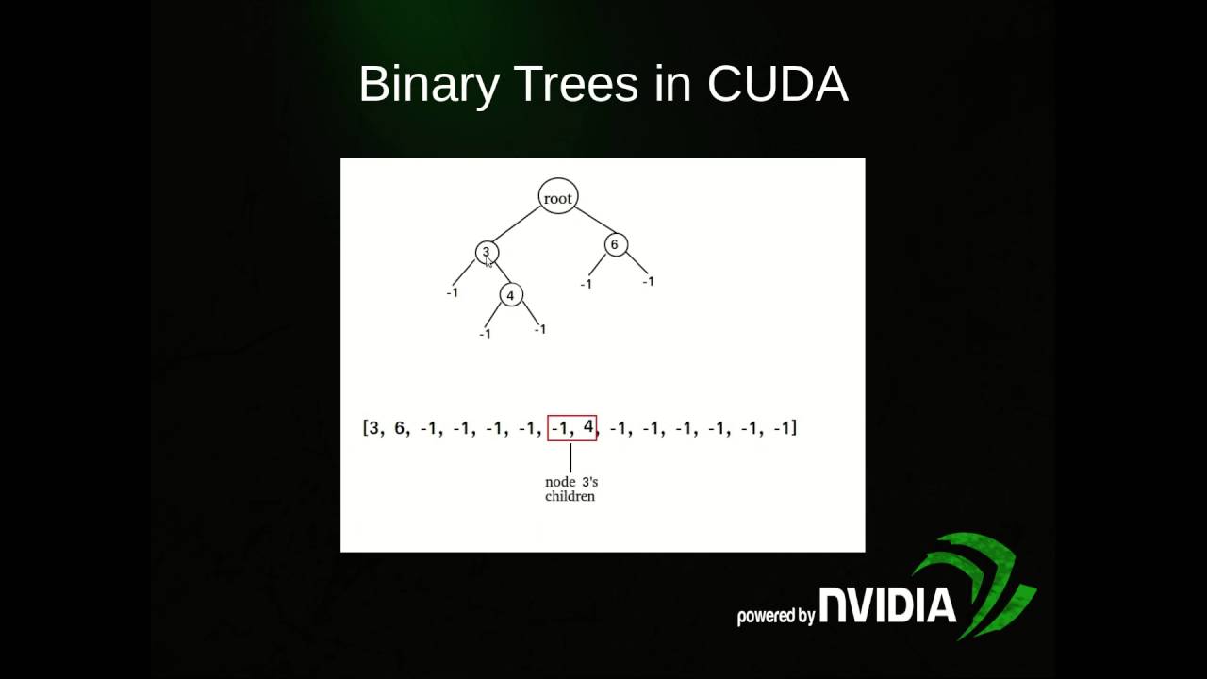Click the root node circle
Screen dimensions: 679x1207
tap(557, 196)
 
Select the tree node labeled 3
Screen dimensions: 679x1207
tap(487, 252)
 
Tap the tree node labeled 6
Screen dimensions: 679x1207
tap(614, 245)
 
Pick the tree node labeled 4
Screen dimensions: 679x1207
tap(510, 295)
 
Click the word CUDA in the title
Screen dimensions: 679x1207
tap(777, 84)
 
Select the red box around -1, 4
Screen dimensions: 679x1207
tap(572, 427)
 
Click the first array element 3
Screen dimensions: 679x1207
tap(373, 428)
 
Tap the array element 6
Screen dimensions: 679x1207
tap(399, 428)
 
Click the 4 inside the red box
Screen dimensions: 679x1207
tap(587, 427)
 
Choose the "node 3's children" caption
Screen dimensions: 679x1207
tap(570, 489)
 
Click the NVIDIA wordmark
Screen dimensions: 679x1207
tap(887, 605)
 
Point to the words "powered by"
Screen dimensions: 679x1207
tap(775, 616)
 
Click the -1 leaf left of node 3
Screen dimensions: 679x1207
tap(452, 292)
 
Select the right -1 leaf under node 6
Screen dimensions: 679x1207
tap(648, 281)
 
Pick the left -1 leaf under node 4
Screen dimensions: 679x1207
tap(485, 334)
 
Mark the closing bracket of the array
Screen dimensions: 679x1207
tap(794, 428)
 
